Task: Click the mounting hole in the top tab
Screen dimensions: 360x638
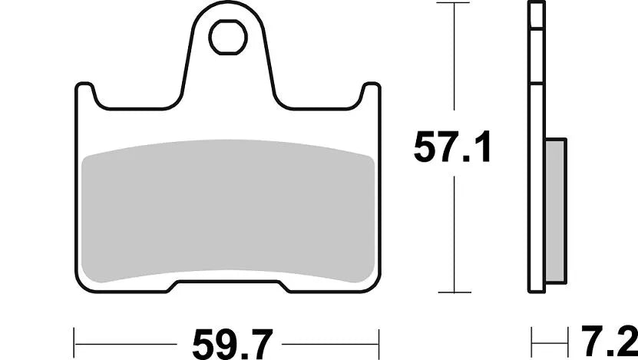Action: pyautogui.click(x=228, y=38)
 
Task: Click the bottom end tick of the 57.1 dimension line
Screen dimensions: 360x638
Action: pyautogui.click(x=457, y=292)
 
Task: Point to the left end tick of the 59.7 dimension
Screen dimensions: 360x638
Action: pyautogui.click(x=74, y=337)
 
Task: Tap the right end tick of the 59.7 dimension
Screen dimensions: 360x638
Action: pyautogui.click(x=382, y=337)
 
